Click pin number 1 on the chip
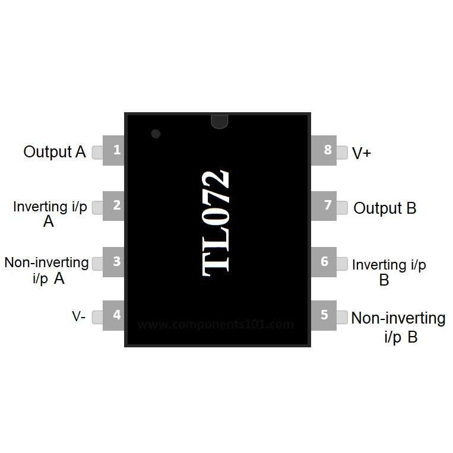point(114,150)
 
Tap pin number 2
point(114,205)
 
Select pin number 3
point(114,261)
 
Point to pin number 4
point(114,315)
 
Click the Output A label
point(55,152)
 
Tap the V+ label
point(362,153)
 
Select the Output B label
point(385,208)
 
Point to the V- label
point(79,317)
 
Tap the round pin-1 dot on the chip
point(156,134)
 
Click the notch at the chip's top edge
point(219,121)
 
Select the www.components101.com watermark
point(216,325)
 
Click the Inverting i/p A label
point(50,214)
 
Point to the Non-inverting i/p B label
point(398,327)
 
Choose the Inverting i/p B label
point(388,272)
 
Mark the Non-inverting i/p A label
point(47,270)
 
